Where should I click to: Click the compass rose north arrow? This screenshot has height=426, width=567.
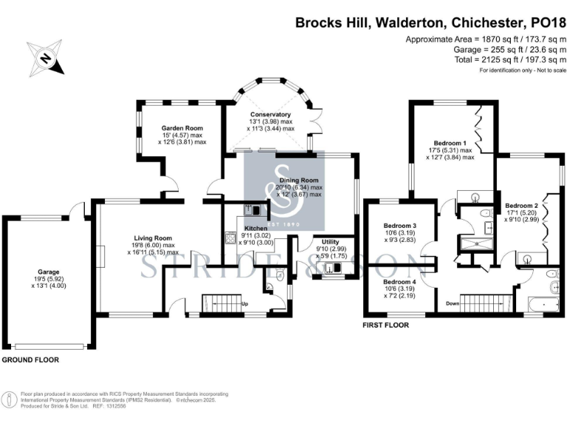pos(46,58)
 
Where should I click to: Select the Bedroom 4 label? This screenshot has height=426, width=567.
pos(399,281)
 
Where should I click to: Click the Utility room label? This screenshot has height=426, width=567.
pos(325,242)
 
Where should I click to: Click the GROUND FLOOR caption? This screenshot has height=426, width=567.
pos(30,360)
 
